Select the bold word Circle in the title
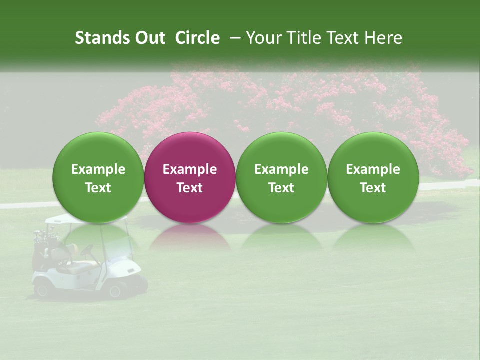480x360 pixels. [x=197, y=38]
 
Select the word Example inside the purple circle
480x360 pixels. [x=190, y=169]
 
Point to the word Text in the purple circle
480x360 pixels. [x=190, y=188]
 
